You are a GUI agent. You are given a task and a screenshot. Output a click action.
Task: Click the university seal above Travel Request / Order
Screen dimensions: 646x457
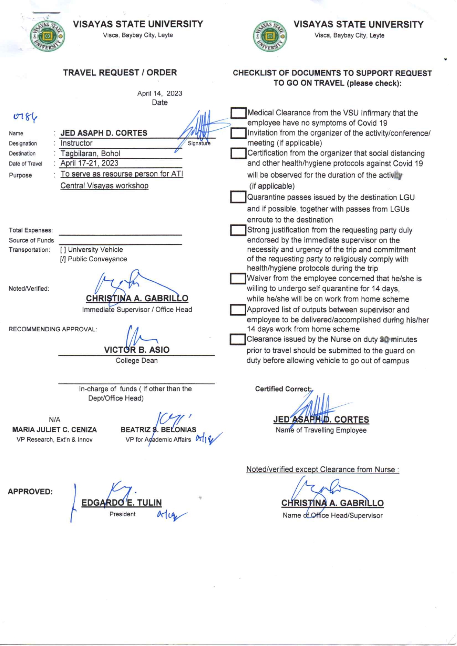coord(47,36)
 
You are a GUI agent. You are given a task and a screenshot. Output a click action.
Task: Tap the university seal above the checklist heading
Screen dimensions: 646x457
coord(270,36)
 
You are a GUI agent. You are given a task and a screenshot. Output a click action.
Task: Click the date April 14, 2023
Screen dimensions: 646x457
coord(160,93)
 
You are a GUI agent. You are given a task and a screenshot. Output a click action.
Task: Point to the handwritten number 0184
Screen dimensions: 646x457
coord(25,117)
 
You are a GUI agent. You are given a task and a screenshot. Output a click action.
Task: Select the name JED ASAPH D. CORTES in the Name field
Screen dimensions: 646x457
coord(104,133)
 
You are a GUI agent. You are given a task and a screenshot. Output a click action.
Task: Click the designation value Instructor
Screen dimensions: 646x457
coord(76,143)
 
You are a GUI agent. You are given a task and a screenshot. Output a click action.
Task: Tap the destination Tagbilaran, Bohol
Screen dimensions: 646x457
coord(90,153)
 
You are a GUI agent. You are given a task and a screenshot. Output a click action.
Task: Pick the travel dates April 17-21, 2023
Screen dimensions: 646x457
coord(90,163)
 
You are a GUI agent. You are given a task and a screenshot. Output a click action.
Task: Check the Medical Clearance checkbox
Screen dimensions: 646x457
coord(238,113)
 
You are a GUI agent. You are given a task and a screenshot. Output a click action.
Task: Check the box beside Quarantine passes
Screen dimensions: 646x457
coord(238,197)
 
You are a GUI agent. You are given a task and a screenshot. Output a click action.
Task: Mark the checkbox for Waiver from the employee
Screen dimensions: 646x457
coord(238,278)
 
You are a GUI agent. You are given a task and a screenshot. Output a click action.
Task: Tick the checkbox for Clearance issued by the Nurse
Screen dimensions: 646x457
coord(237,339)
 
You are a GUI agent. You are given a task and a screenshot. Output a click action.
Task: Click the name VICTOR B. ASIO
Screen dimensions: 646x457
coord(137,350)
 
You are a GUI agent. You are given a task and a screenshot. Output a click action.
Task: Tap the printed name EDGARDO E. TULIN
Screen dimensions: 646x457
coord(122,503)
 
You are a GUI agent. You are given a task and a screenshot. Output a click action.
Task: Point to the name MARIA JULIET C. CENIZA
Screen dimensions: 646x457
coord(55,430)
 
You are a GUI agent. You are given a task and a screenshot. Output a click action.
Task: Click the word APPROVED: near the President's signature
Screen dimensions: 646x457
coord(30,492)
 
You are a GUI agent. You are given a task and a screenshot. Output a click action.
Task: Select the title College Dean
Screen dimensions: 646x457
coord(137,360)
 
